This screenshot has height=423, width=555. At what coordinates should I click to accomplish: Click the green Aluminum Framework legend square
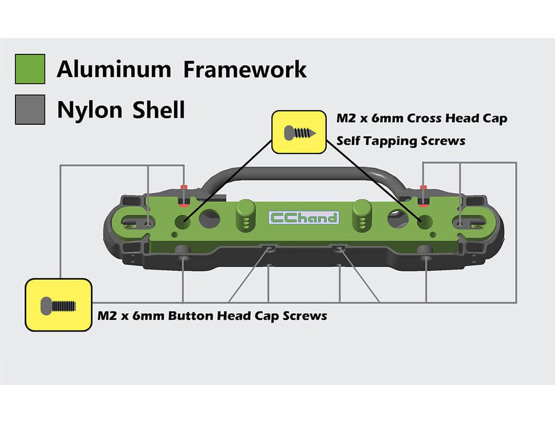point(30,69)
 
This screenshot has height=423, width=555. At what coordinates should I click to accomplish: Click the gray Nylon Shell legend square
point(30,109)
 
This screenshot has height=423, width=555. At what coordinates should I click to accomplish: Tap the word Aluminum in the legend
point(114,69)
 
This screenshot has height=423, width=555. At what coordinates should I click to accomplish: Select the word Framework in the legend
point(245,69)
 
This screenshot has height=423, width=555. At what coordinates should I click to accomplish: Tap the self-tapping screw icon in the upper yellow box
point(299,132)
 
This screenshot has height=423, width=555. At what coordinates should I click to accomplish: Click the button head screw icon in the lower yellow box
point(59,305)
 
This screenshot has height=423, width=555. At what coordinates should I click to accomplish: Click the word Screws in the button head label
point(305,316)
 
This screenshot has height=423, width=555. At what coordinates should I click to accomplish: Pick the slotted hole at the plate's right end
point(472,223)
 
